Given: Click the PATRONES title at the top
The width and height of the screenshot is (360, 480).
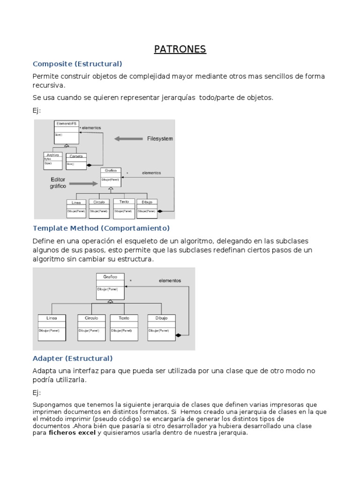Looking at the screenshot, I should [180, 49].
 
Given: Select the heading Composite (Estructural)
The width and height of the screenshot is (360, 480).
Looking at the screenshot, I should [77, 64].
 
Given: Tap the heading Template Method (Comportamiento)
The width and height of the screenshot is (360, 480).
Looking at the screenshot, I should [100, 228].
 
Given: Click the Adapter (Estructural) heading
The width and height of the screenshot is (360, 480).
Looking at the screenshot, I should [73, 359].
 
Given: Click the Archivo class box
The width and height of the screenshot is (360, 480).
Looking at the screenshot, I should [52, 161].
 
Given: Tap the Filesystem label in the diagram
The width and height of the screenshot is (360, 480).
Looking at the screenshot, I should [160, 139].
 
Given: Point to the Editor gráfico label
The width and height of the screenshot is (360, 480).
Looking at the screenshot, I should [59, 183].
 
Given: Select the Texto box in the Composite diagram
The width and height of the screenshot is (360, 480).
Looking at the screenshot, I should [124, 208].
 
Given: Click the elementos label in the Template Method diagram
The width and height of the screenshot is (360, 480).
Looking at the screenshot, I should [170, 281].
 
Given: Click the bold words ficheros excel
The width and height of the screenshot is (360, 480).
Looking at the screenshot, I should [72, 433].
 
